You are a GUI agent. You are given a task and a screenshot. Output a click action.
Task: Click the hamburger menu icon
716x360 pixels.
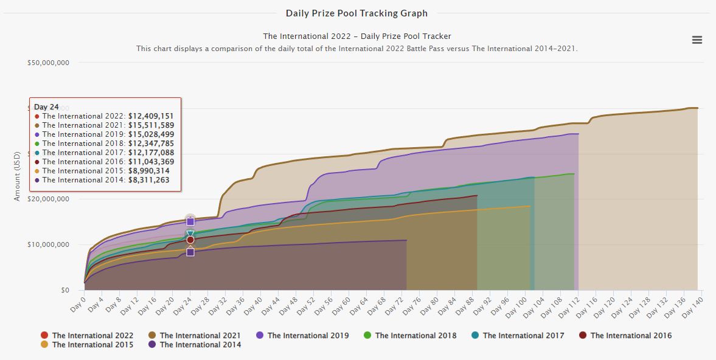697,40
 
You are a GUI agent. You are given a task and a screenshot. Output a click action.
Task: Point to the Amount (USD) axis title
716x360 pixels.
18,176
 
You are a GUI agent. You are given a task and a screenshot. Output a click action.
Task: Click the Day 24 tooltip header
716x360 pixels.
46,107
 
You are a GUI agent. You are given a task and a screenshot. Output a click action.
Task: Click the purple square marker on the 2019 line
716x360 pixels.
190,222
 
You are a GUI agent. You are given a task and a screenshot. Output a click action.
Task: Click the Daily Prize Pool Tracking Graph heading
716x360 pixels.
356,13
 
